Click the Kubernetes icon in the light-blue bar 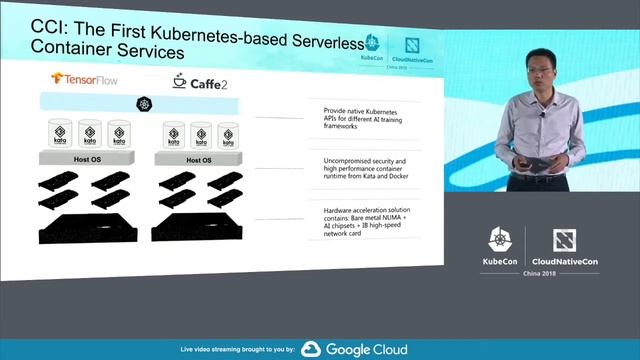tap(144, 104)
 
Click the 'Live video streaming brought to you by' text tap(237, 350)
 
